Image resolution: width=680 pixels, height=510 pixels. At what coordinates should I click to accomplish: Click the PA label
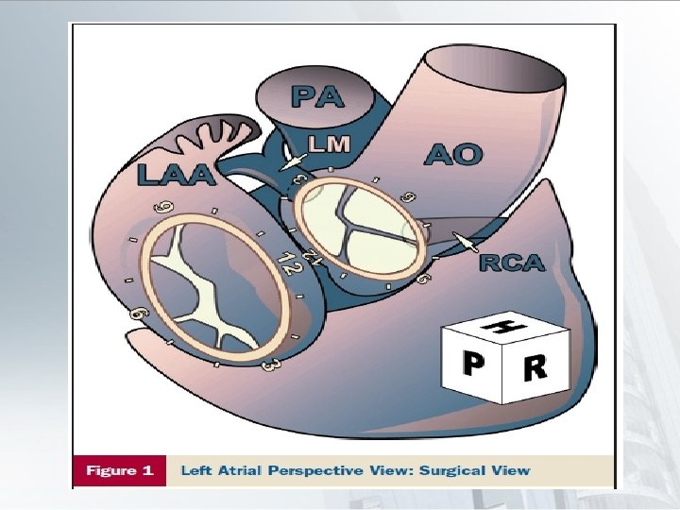[x=317, y=96]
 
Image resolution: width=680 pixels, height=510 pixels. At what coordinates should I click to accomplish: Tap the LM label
[x=330, y=144]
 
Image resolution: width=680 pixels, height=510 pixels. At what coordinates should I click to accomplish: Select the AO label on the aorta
[x=453, y=154]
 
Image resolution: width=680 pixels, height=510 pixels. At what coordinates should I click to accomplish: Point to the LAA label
[x=175, y=174]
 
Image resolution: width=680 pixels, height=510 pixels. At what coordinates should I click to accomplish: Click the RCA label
[x=512, y=263]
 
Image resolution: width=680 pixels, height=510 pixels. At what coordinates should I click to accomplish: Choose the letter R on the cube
[x=534, y=366]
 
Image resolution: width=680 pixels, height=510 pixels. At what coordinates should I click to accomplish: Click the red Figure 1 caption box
[x=119, y=470]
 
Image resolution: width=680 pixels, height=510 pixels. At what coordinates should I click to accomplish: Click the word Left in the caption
[x=201, y=470]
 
